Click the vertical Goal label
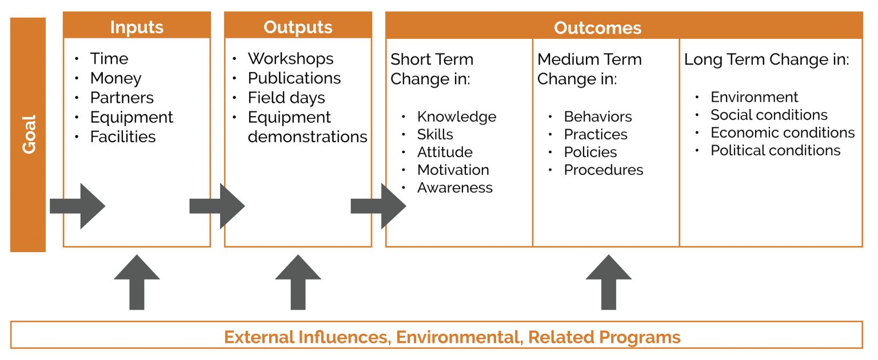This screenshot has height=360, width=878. point(28,134)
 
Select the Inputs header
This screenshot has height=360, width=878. point(137,27)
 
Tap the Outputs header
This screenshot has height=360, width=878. point(298,27)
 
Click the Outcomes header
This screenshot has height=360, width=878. point(597,27)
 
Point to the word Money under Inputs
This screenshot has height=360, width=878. point(115,78)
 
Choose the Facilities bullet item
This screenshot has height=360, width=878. point(123,137)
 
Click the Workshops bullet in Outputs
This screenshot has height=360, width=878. point(290,59)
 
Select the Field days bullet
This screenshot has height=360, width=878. point(286,98)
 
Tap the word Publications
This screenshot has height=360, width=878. point(294,78)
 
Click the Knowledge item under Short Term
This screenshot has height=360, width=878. point(457,117)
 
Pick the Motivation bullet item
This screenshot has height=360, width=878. point(453,170)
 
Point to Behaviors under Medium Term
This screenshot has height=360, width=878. point(598,117)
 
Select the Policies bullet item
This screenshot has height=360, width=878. point(590,152)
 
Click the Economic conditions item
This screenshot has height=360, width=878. point(783,133)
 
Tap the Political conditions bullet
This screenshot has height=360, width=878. point(776,150)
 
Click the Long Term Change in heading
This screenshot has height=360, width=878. point(767,59)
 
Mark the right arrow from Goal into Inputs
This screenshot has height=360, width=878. point(78,206)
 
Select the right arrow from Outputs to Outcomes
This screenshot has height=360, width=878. point(378,206)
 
